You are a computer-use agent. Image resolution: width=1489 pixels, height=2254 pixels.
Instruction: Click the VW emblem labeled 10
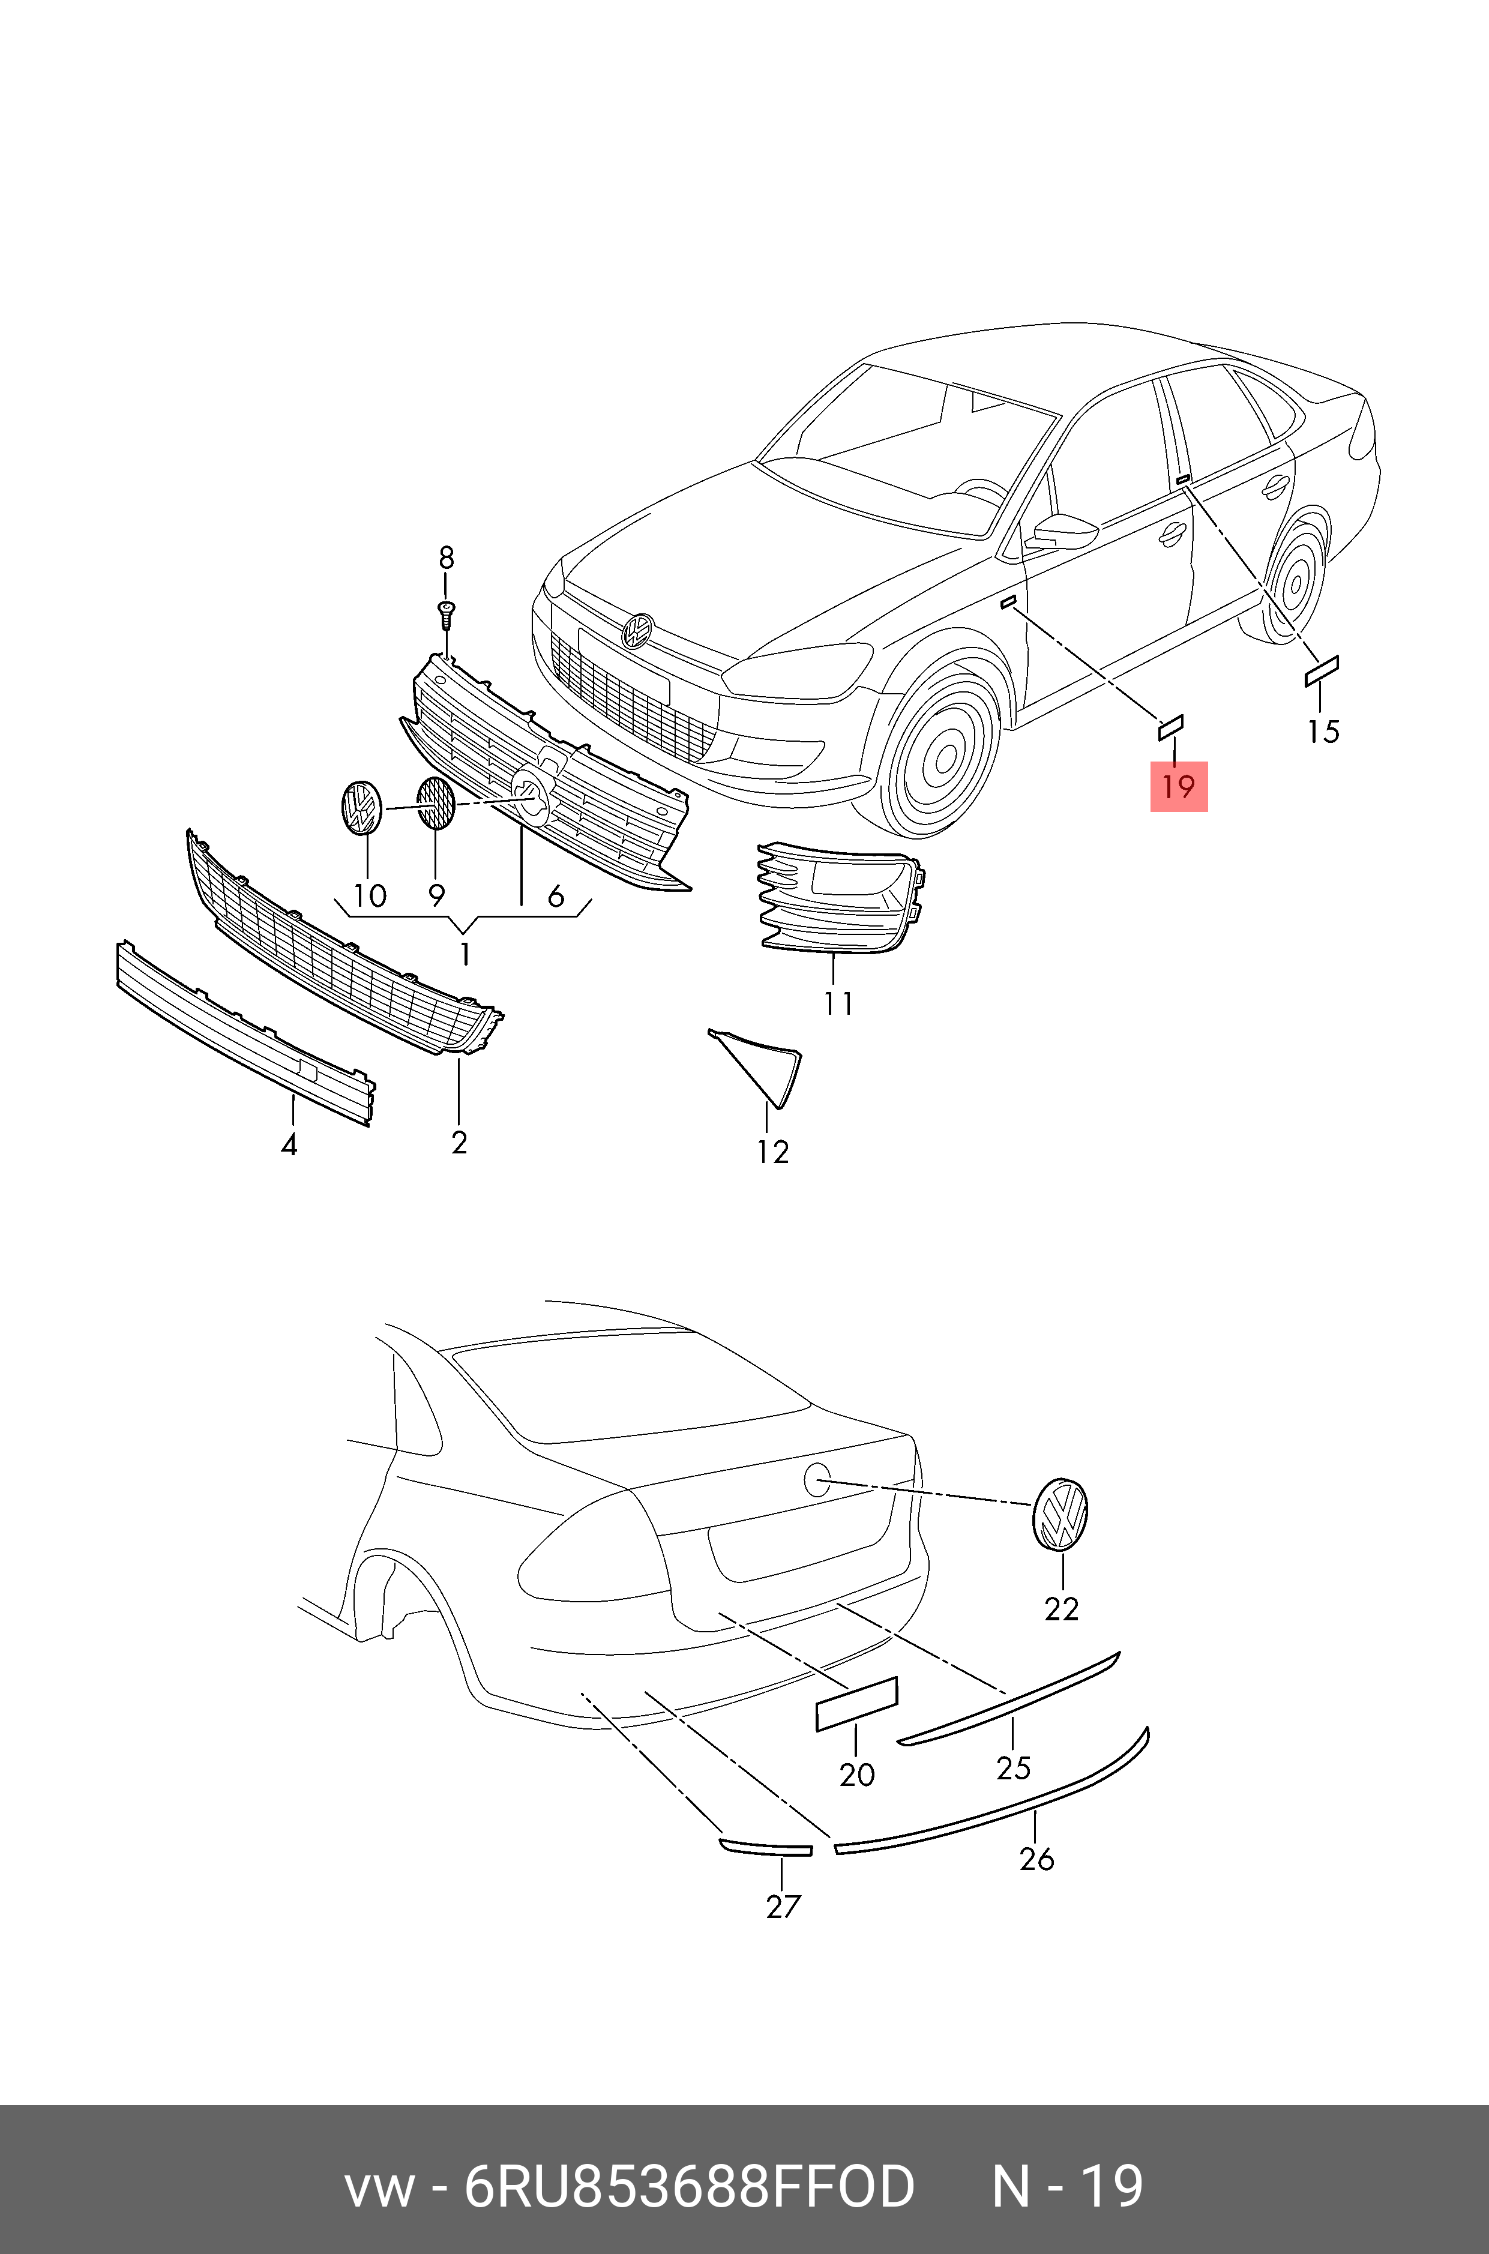pyautogui.click(x=360, y=807)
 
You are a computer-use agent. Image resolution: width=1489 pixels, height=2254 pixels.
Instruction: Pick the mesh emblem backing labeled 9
pyautogui.click(x=436, y=803)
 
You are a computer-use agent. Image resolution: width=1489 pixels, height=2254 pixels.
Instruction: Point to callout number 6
pyautogui.click(x=556, y=895)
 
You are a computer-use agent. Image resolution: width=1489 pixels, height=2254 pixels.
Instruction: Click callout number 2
pyautogui.click(x=460, y=1142)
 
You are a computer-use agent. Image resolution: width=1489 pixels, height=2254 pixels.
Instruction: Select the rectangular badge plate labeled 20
pyautogui.click(x=856, y=1703)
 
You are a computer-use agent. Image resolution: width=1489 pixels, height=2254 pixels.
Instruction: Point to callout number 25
pyautogui.click(x=1013, y=1767)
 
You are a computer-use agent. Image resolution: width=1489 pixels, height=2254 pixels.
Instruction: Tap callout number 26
pyautogui.click(x=1037, y=1858)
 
